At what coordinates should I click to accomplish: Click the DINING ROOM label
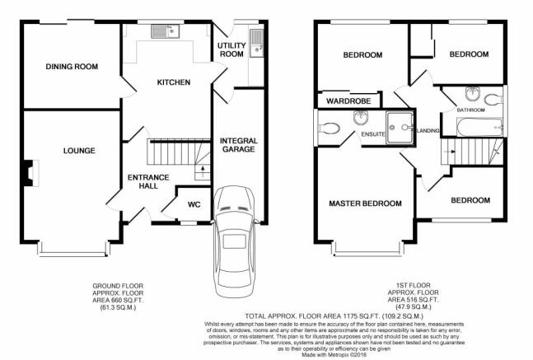[72, 66]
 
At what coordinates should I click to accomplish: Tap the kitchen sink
[166, 31]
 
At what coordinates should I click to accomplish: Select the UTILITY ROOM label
[231, 49]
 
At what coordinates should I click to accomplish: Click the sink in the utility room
[257, 43]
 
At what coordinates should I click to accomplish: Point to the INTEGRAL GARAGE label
[239, 145]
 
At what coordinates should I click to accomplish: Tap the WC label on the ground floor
[194, 204]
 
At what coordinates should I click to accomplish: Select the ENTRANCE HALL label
[148, 181]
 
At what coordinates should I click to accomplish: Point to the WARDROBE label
[348, 101]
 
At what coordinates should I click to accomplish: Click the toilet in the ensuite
[329, 129]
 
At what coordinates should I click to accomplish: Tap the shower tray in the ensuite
[400, 128]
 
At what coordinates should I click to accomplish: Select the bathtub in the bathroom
[479, 127]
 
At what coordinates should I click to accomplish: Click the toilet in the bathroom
[493, 100]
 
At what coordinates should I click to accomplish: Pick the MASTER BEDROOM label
[365, 203]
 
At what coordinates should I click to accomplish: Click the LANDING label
[428, 130]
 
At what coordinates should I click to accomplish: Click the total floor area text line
[334, 316]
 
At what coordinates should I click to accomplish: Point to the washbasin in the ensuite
[360, 118]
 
